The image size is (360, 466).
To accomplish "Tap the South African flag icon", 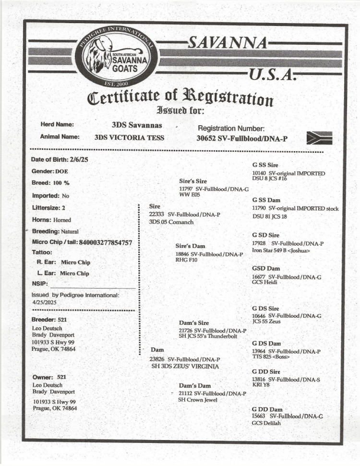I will click(319, 138).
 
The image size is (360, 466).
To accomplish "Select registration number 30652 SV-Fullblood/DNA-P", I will click(242, 138).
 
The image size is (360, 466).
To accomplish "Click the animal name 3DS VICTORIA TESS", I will click(130, 138).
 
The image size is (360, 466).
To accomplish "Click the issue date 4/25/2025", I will click(45, 303).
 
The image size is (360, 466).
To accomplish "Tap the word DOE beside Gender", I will click(62, 171).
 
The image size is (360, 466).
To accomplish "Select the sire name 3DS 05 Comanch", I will click(171, 222).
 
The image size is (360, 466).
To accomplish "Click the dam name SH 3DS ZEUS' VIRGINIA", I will click(185, 367).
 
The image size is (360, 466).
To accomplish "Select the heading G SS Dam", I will click(266, 200).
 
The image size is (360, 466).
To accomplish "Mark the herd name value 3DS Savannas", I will click(137, 125).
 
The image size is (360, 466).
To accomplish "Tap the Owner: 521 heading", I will click(49, 377).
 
